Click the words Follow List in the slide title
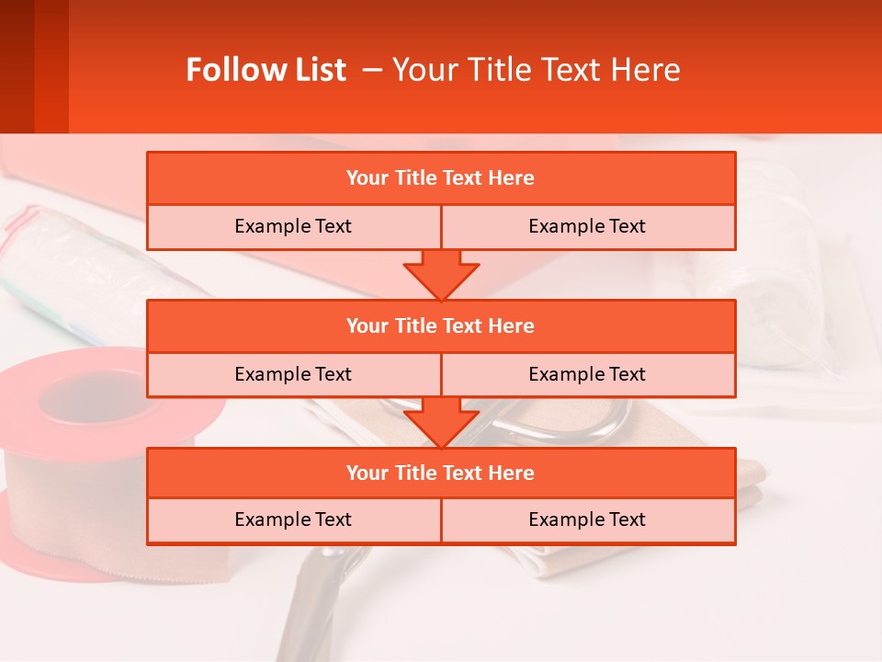pyautogui.click(x=266, y=70)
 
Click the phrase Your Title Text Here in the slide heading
pyautogui.click(x=536, y=70)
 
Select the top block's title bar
pyautogui.click(x=441, y=178)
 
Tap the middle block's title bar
pyautogui.click(x=441, y=325)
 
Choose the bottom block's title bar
pyautogui.click(x=441, y=473)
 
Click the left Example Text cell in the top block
pyautogui.click(x=293, y=226)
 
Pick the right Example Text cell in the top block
pyautogui.click(x=588, y=226)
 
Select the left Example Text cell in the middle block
pyautogui.click(x=293, y=374)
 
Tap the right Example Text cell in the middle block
pyautogui.click(x=588, y=374)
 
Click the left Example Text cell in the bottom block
pyautogui.click(x=293, y=519)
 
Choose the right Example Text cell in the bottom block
pyautogui.click(x=588, y=519)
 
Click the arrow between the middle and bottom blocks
pyautogui.click(x=441, y=422)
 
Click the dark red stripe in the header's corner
pyautogui.click(x=17, y=66)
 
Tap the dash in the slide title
pyautogui.click(x=373, y=70)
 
